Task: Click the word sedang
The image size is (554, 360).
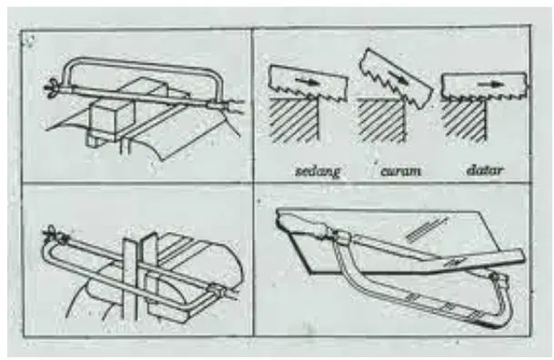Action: coord(317,171)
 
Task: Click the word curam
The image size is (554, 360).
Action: coord(400,171)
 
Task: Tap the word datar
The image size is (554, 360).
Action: coord(485,171)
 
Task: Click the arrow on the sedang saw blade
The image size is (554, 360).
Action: coord(307,82)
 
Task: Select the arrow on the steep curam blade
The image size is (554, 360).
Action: coord(398,78)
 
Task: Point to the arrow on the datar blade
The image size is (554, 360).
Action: coord(490,84)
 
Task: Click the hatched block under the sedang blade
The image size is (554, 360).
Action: coord(295,120)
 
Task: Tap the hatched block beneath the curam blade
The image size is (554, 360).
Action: coord(380,120)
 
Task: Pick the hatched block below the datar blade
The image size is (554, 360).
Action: coord(464,121)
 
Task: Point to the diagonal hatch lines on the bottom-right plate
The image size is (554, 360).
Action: coord(427,229)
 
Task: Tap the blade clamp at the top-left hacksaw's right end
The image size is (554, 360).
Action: coord(217,105)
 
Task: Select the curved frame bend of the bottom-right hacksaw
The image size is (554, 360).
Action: coord(502,305)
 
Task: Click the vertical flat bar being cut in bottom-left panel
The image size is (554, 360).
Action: coord(130,279)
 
